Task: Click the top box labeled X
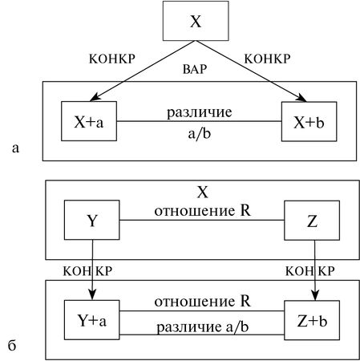(x=195, y=21)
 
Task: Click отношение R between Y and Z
(x=204, y=213)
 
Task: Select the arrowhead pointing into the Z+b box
(x=314, y=295)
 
